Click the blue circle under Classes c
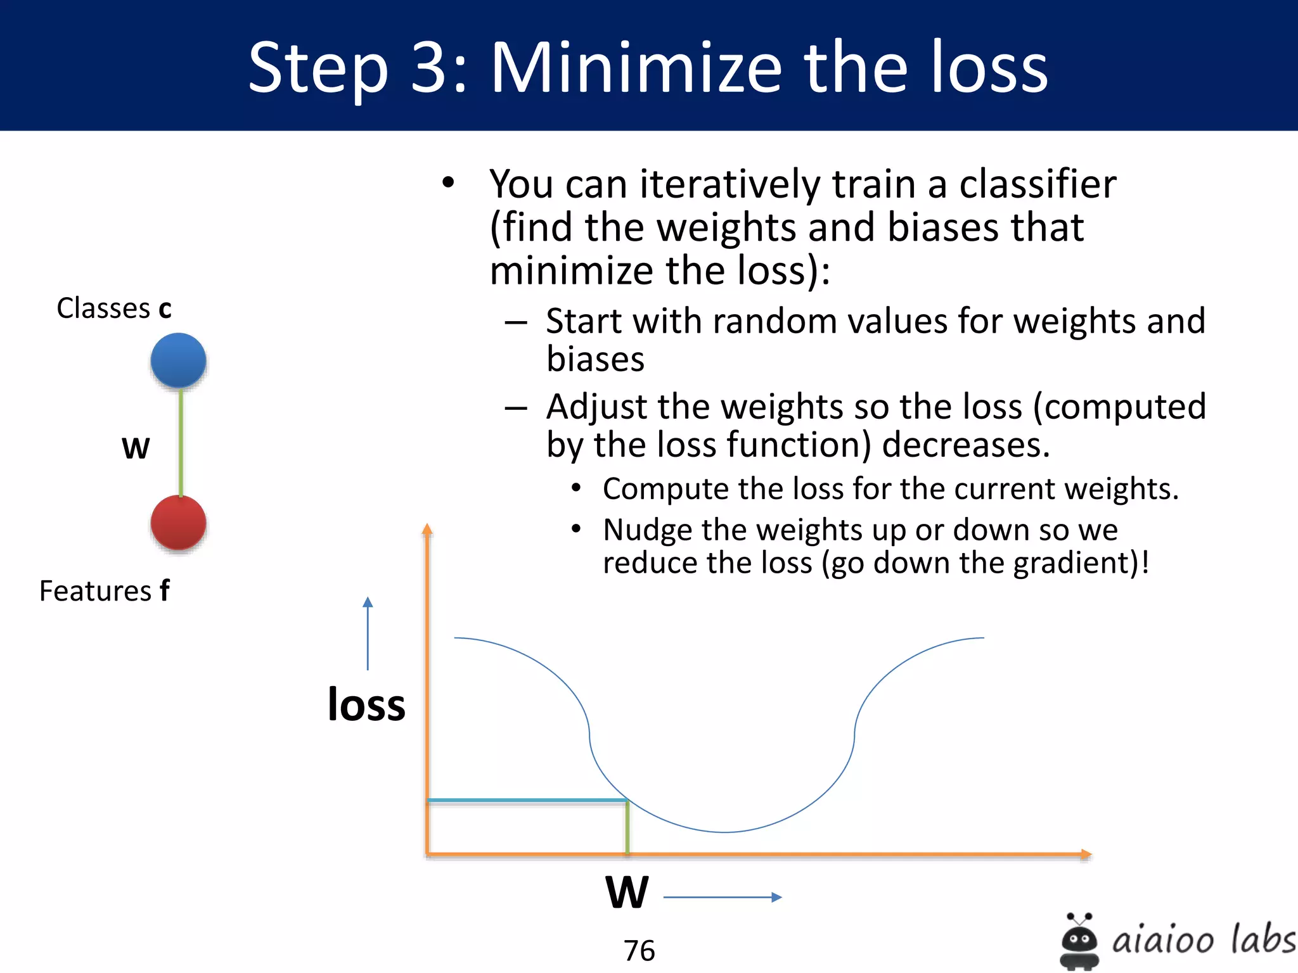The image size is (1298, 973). click(x=178, y=360)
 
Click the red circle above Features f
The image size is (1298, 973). click(x=178, y=523)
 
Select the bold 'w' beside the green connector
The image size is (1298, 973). click(x=136, y=448)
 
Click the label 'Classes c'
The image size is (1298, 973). click(x=114, y=308)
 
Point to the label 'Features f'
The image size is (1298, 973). click(x=105, y=591)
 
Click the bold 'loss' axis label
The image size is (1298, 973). click(x=366, y=704)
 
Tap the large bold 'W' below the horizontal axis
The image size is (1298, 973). click(x=627, y=893)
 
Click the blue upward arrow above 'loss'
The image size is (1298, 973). click(x=368, y=633)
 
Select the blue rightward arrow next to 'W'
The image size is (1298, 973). click(x=723, y=897)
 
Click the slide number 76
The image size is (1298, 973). click(x=639, y=950)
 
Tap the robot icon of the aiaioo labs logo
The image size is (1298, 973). click(x=1079, y=941)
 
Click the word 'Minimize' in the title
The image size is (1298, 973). click(x=636, y=68)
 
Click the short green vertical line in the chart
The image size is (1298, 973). click(x=627, y=827)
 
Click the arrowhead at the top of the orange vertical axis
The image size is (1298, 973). click(x=427, y=530)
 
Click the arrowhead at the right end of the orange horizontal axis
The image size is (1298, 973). click(x=1086, y=855)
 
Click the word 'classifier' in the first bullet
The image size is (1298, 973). click(x=1038, y=184)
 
